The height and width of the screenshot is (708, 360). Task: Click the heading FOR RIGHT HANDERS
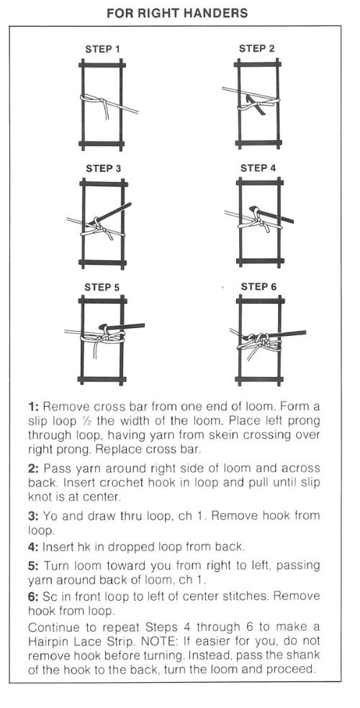tap(177, 13)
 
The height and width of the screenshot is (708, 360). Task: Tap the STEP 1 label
tap(102, 49)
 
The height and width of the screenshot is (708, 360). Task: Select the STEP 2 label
tap(256, 49)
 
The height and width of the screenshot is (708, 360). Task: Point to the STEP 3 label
tap(104, 169)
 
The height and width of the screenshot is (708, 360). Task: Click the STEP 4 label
tap(258, 168)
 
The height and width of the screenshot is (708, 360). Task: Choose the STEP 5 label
tap(102, 288)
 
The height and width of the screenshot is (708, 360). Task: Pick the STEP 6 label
tap(258, 286)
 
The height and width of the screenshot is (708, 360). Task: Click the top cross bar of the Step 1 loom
tap(102, 65)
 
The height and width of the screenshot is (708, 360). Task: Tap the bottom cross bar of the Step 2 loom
tap(258, 144)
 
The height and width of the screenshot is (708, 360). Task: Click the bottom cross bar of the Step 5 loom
tap(102, 379)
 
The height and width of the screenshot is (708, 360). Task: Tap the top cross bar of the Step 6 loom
tap(260, 300)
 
